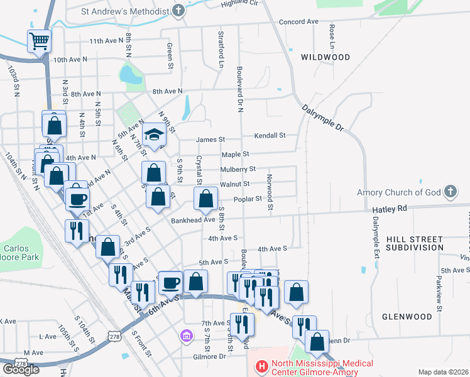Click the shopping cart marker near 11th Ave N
pyautogui.click(x=39, y=42)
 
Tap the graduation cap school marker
pyautogui.click(x=154, y=134)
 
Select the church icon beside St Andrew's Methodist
pyautogui.click(x=179, y=11)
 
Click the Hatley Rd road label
pyautogui.click(x=390, y=208)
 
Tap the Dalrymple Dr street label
pyautogui.click(x=323, y=117)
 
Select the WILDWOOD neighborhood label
pyautogui.click(x=325, y=57)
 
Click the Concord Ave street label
pyautogui.click(x=298, y=21)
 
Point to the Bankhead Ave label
pyautogui.click(x=194, y=221)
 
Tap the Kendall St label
pyautogui.click(x=270, y=135)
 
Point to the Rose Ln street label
pyautogui.click(x=331, y=37)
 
